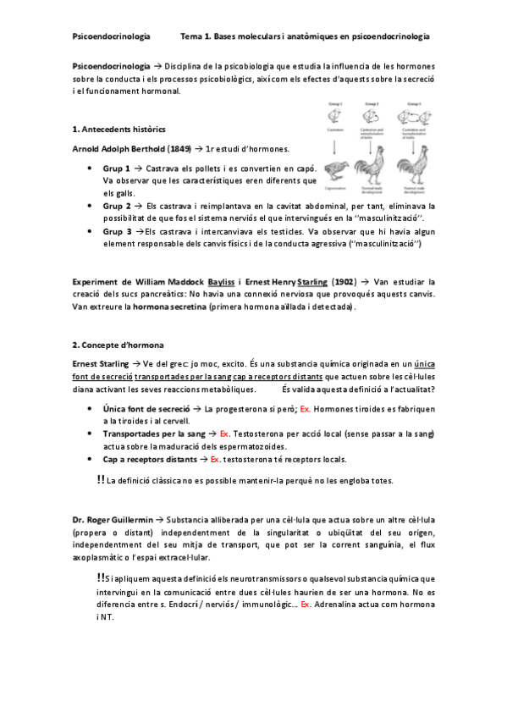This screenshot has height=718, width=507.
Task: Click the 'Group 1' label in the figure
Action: point(335,103)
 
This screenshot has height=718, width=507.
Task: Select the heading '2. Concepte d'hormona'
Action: point(118,345)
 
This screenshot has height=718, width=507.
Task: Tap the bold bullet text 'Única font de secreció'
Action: point(146,408)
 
